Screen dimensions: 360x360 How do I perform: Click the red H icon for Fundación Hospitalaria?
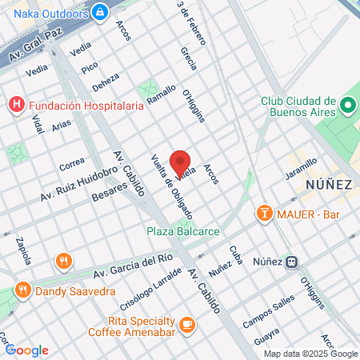click(x=16, y=104)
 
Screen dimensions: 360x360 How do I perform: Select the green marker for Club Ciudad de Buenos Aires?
click(x=348, y=105)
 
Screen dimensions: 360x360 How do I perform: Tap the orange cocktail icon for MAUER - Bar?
click(x=262, y=213)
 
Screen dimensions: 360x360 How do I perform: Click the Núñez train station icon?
click(x=294, y=261)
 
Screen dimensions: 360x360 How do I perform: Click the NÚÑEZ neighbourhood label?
click(x=329, y=185)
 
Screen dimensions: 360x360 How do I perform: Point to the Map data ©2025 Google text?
click(x=311, y=354)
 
